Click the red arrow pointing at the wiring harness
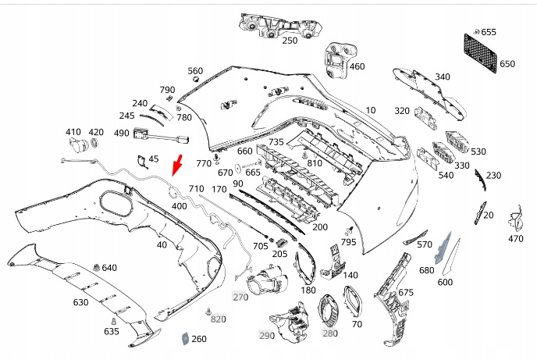click(x=177, y=165)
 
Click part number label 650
click(x=507, y=64)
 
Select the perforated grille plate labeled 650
click(x=480, y=52)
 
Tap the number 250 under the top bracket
click(x=290, y=41)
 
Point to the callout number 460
click(x=357, y=66)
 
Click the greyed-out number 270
click(x=240, y=297)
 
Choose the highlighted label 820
click(x=218, y=319)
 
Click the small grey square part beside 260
click(x=184, y=337)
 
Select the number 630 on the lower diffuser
click(x=80, y=302)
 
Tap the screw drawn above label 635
click(x=113, y=322)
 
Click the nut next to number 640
click(x=96, y=268)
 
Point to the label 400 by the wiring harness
click(x=179, y=206)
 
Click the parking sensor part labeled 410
click(x=79, y=145)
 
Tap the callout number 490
click(x=121, y=133)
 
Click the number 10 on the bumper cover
click(x=371, y=110)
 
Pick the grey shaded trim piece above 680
click(x=443, y=248)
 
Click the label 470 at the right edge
click(x=516, y=238)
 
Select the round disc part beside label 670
click(x=238, y=169)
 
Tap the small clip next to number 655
click(x=476, y=32)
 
